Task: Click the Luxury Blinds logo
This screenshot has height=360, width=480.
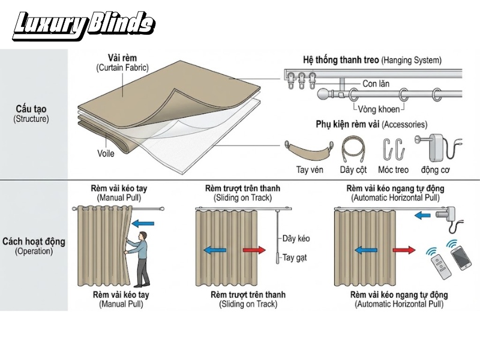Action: [x=83, y=26]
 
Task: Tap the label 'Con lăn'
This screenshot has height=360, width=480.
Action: [x=376, y=83]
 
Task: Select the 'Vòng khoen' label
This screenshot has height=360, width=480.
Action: [x=379, y=109]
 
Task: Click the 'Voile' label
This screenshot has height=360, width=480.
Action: [x=106, y=154]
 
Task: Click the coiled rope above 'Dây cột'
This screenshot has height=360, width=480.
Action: [x=353, y=149]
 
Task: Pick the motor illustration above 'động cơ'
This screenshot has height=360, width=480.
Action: [x=439, y=148]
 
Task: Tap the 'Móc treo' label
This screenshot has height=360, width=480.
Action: [x=394, y=170]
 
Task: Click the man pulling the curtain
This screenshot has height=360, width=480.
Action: [x=138, y=259]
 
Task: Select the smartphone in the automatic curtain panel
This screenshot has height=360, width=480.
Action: [x=461, y=258]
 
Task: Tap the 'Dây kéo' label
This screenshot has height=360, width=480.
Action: [x=296, y=238]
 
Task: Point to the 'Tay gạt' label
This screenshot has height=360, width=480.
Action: [x=294, y=258]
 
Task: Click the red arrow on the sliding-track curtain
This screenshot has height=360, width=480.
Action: [x=254, y=250]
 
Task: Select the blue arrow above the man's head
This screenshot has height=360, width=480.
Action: [x=143, y=223]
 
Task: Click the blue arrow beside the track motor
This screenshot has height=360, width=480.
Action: [x=422, y=216]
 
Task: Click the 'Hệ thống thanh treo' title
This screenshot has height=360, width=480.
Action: [x=341, y=59]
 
